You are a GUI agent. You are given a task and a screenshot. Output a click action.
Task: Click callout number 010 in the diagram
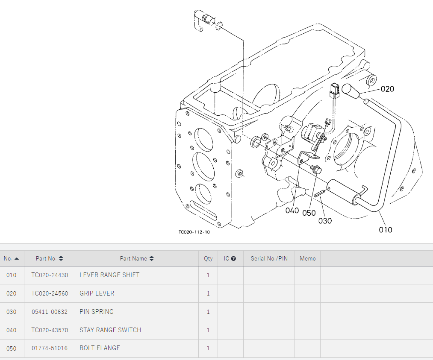tap(385, 230)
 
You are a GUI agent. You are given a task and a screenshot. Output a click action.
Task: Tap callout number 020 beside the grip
tap(387, 89)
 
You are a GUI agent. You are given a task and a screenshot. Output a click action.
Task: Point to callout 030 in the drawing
tap(325, 221)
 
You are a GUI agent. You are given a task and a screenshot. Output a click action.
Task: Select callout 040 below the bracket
tap(292, 211)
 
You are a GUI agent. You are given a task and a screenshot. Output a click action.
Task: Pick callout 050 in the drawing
tap(309, 213)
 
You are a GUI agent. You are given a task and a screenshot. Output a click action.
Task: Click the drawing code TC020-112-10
tap(194, 232)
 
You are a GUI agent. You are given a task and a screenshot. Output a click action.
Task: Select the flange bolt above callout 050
tap(316, 169)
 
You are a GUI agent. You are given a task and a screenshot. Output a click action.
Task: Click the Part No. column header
tap(49, 258)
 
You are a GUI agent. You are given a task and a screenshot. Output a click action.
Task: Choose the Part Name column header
tap(137, 258)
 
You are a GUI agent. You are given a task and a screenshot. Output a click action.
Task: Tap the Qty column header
tap(208, 258)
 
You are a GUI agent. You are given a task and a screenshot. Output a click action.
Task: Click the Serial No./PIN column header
tap(269, 258)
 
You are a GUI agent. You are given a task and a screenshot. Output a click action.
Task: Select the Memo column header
tap(307, 258)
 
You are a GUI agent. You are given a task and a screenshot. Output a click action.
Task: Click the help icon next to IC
tap(233, 258)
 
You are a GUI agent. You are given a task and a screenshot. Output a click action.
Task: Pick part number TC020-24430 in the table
tap(50, 275)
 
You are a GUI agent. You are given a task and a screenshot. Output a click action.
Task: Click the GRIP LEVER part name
tap(97, 293)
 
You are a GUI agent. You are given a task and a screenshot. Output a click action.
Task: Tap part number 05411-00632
tap(50, 312)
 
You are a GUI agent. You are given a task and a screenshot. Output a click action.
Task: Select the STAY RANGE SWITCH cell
tap(110, 330)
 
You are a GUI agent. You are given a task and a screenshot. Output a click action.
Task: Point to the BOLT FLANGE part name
tap(100, 348)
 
